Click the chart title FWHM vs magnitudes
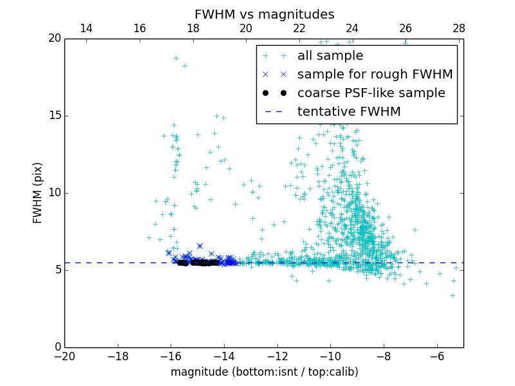coord(264,14)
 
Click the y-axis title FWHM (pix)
coord(38,193)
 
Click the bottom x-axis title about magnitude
coord(264,372)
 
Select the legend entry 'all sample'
coord(330,56)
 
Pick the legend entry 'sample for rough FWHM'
coord(375,75)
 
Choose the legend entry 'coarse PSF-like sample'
coord(371,93)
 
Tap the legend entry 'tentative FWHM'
coord(348,112)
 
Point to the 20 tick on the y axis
coord(54,39)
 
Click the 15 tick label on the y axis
coord(54,116)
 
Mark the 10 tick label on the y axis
coord(54,193)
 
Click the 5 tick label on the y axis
coord(57,270)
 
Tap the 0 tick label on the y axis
coord(57,347)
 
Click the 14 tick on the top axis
coord(86,28)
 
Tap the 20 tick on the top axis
coord(246,28)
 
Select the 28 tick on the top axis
coord(458,28)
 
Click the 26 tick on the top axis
coord(406,28)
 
